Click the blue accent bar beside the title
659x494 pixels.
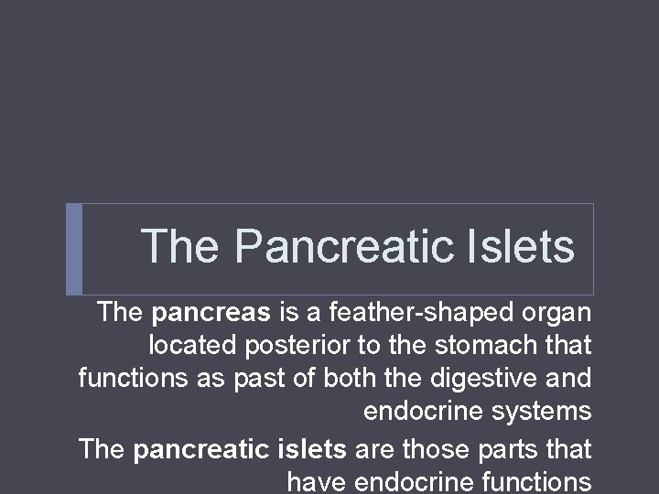pyautogui.click(x=74, y=249)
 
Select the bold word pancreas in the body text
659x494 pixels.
pyautogui.click(x=211, y=313)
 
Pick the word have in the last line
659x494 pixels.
pyautogui.click(x=317, y=481)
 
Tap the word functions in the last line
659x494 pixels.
pyautogui.click(x=532, y=481)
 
